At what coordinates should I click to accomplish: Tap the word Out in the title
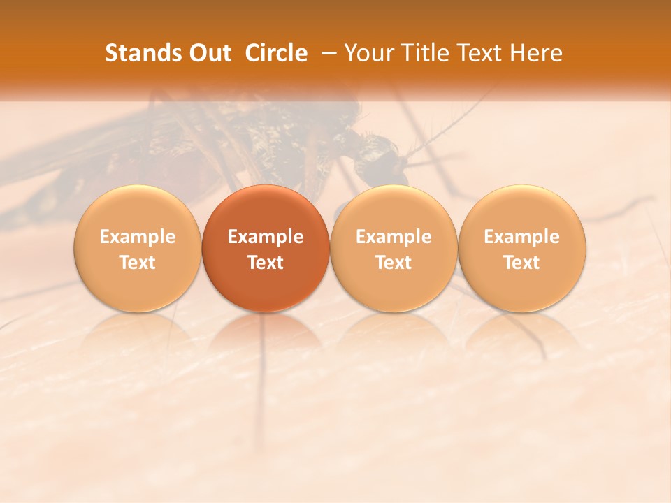click(x=209, y=53)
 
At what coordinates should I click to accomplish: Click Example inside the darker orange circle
click(x=266, y=237)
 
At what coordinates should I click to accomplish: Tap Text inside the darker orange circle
click(x=266, y=263)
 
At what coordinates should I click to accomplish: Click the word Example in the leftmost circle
click(x=137, y=237)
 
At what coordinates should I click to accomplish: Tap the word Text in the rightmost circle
click(x=522, y=263)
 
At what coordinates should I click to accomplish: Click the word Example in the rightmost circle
click(x=522, y=237)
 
